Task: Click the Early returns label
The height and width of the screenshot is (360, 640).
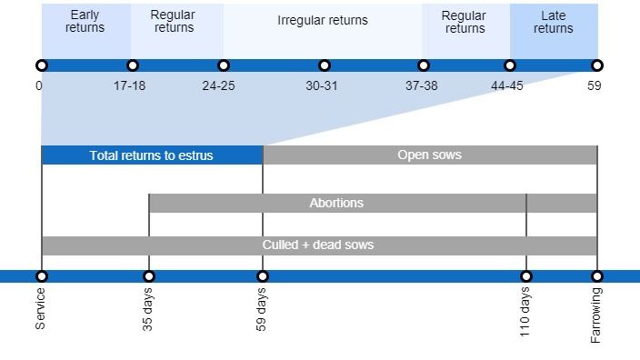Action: pos(85,22)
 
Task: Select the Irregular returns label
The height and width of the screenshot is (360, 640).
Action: pos(323,20)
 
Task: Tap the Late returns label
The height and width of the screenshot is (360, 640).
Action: pos(553,22)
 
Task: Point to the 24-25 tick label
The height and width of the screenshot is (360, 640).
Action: pos(219,86)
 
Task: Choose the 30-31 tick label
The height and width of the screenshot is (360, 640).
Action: pos(323,86)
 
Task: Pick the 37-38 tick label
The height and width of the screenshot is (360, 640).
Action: pos(422,86)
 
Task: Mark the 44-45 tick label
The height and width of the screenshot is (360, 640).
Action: pos(507,86)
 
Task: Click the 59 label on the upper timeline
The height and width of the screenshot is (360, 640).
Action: pos(595,86)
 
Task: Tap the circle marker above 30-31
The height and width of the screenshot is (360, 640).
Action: pos(325,65)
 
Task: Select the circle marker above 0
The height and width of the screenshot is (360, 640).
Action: pos(41,65)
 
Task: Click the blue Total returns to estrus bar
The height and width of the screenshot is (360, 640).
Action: pos(152,155)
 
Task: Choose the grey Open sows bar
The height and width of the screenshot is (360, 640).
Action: pos(430,155)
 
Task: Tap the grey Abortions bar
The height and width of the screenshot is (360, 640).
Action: pos(336,203)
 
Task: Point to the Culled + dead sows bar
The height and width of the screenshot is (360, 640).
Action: pos(318,245)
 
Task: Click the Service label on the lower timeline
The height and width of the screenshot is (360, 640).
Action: pos(40,308)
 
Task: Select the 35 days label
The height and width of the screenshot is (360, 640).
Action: pos(148,310)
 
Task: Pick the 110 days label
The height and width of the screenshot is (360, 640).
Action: pos(525,312)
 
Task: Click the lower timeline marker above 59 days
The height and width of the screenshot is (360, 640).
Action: pos(263,276)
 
